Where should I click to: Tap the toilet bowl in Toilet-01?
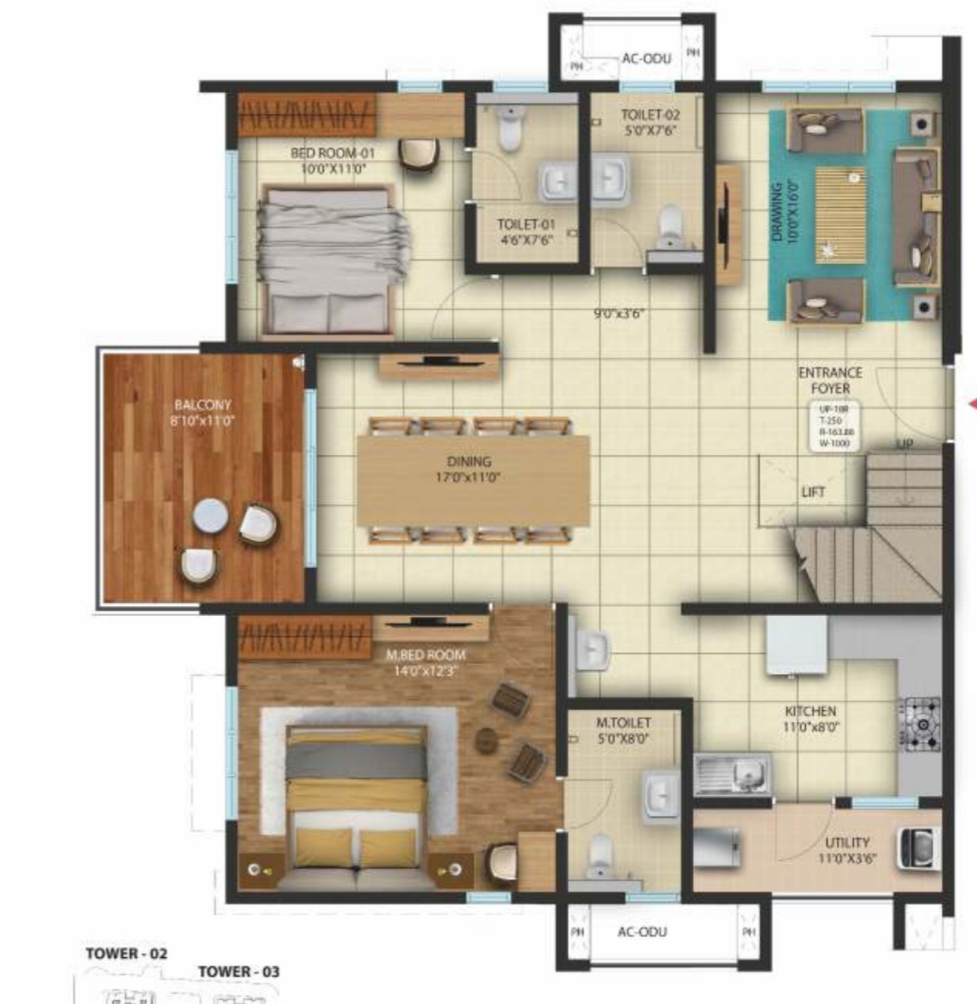[x=511, y=129]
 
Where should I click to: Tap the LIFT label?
[x=812, y=493]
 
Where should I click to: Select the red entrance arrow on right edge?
[x=971, y=404]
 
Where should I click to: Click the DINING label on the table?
[x=468, y=462]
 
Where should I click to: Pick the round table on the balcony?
[x=210, y=516]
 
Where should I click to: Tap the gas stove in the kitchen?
[x=920, y=724]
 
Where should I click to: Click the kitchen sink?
[x=734, y=774]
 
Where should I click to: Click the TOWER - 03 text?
[x=239, y=971]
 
